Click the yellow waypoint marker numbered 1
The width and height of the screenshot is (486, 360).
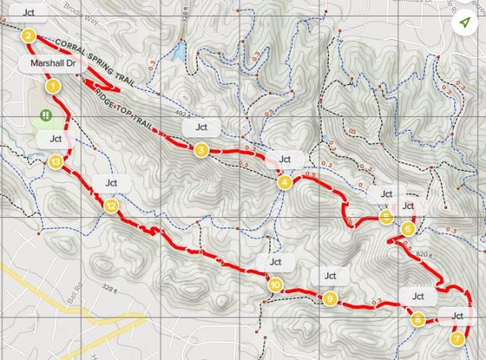(x=52, y=87)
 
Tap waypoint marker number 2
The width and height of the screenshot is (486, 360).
(x=29, y=35)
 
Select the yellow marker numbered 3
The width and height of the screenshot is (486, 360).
(x=200, y=150)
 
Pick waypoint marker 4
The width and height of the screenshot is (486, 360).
(x=284, y=182)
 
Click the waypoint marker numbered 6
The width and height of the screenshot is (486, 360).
(x=408, y=229)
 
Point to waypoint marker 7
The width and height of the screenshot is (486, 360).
(x=456, y=338)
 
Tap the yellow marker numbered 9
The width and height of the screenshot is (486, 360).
(x=330, y=298)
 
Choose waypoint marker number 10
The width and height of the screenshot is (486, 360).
(x=274, y=285)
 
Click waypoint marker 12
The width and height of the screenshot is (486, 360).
(x=111, y=206)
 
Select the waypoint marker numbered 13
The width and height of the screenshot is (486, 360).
(x=55, y=162)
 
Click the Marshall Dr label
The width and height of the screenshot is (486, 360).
(x=52, y=64)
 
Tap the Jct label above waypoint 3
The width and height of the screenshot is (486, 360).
(x=200, y=127)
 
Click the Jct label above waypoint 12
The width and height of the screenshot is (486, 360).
(x=111, y=183)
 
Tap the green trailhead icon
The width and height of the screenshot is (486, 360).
(x=46, y=115)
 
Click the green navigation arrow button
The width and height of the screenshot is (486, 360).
(x=464, y=23)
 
